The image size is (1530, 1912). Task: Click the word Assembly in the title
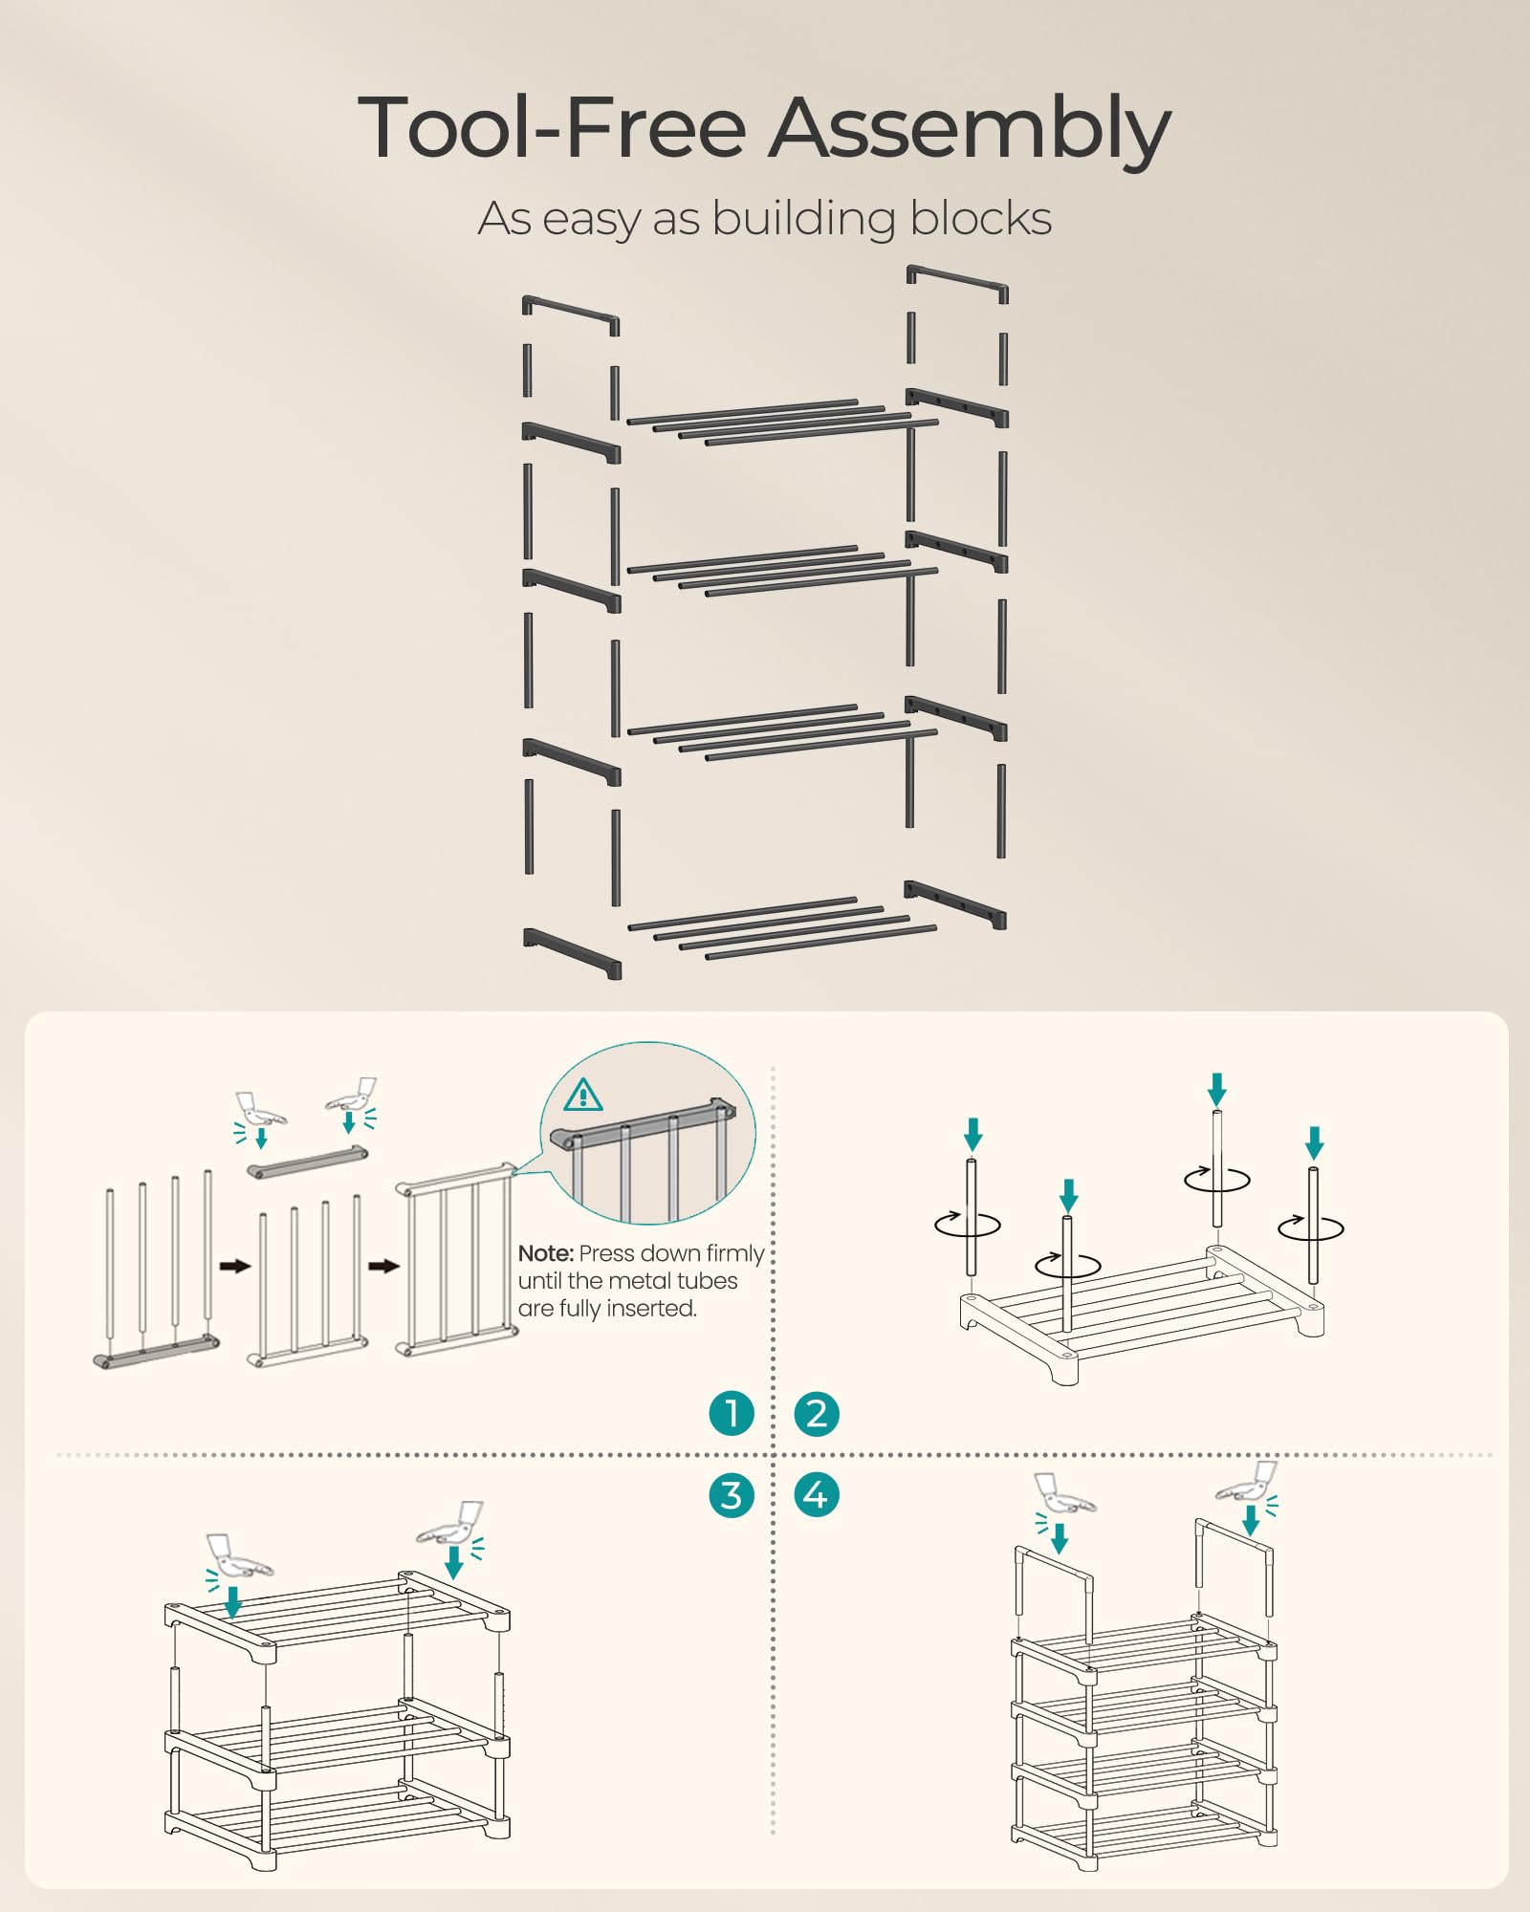[x=970, y=129]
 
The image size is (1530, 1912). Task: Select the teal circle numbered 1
[x=732, y=1413]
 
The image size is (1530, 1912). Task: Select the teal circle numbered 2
[x=817, y=1413]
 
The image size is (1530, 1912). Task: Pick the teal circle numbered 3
[x=732, y=1495]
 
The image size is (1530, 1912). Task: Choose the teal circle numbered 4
[x=817, y=1495]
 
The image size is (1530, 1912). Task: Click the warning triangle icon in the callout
[x=583, y=1095]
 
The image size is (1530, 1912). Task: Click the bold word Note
[x=545, y=1253]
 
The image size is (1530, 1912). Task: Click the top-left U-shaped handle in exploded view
[x=571, y=314]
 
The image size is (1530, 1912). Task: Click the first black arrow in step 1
[x=234, y=1266]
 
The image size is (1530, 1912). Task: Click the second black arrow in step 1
[x=383, y=1266]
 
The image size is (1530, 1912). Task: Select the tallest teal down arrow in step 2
[x=1216, y=1088]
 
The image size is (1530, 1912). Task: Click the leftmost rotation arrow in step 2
[x=968, y=1224]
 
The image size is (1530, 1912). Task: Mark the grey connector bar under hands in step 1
[x=308, y=1162]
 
